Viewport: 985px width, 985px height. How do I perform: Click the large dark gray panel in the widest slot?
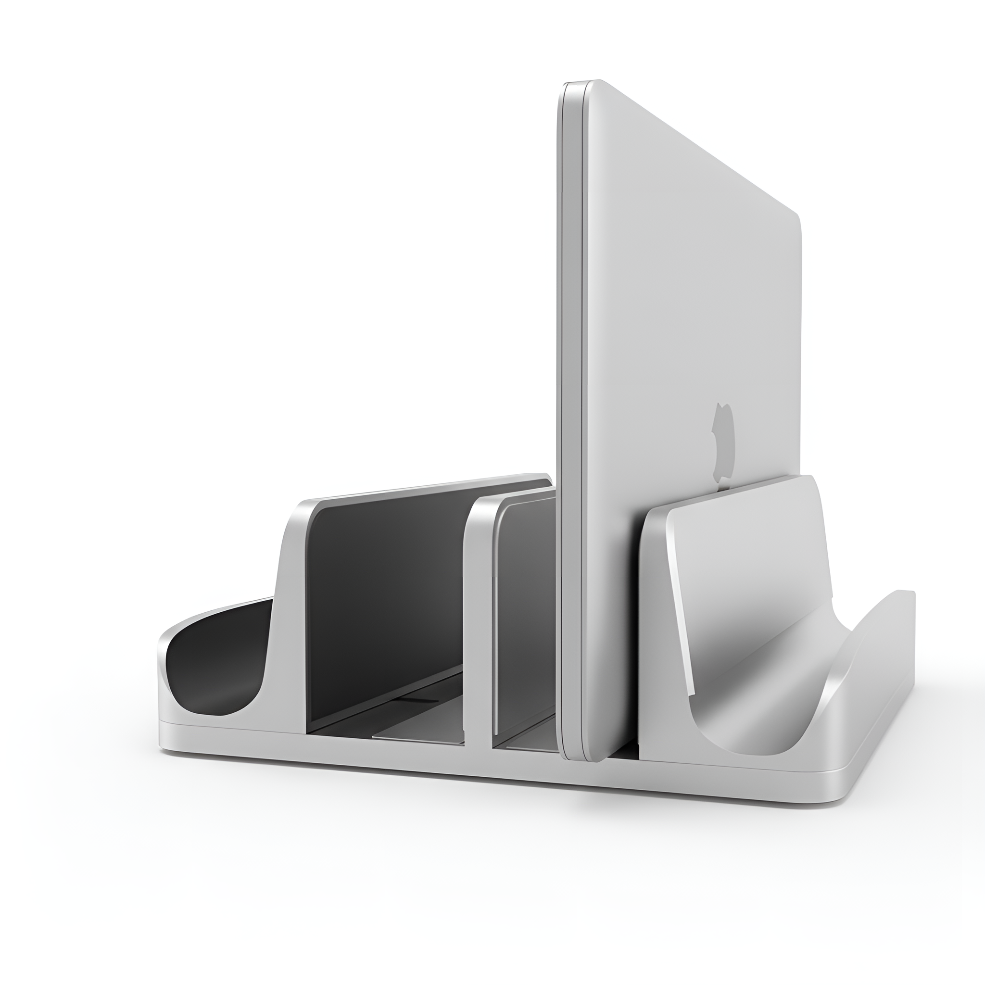tap(388, 612)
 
